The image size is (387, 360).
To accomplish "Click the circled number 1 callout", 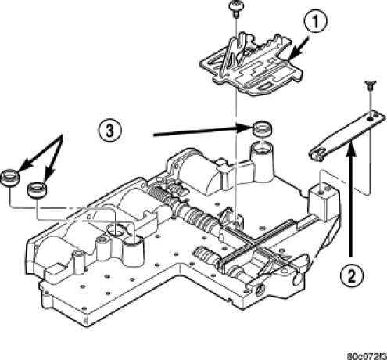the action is pyautogui.click(x=315, y=22).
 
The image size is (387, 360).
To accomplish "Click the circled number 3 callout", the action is pyautogui.click(x=110, y=131).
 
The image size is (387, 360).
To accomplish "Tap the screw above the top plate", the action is pyautogui.click(x=235, y=9).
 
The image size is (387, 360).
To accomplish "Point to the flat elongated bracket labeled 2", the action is pyautogui.click(x=346, y=136).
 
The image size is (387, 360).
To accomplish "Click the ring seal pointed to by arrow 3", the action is pyautogui.click(x=262, y=129).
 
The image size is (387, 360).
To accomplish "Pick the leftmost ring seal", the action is pyautogui.click(x=10, y=178).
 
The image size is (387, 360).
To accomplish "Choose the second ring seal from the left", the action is pyautogui.click(x=38, y=190).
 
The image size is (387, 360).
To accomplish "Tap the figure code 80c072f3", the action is pyautogui.click(x=367, y=356).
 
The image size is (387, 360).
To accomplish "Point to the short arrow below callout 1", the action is pyautogui.click(x=299, y=48).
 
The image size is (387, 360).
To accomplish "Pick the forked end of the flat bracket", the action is pyautogui.click(x=316, y=154).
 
